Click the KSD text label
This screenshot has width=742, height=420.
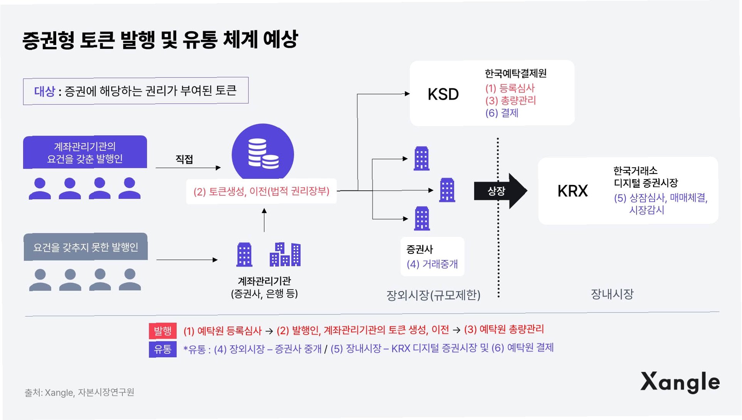point(443,94)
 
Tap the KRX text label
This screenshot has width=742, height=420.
point(572,191)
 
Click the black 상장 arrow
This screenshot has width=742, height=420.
point(500,191)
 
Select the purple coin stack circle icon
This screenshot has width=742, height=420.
point(263,153)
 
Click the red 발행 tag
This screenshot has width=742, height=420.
point(163,331)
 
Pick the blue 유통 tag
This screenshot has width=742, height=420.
point(163,349)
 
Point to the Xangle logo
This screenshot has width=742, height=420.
point(680,382)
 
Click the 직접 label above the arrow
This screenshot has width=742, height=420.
point(184,159)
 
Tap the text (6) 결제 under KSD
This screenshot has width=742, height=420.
point(502,113)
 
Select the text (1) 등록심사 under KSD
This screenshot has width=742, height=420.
point(510,88)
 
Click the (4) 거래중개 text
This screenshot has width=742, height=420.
point(432,264)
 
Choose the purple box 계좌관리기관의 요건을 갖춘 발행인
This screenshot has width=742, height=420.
point(85,152)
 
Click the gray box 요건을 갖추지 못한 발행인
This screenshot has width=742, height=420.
point(86,247)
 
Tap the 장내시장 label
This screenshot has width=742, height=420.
point(612,294)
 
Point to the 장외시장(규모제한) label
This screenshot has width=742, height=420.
point(433,295)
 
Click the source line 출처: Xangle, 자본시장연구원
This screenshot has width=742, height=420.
point(79,392)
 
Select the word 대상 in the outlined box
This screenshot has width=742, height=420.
point(45,91)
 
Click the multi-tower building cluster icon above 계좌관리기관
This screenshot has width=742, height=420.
point(285,254)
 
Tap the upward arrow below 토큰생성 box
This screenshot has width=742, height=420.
point(264,220)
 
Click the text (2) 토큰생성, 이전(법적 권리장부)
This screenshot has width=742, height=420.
point(261,191)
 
